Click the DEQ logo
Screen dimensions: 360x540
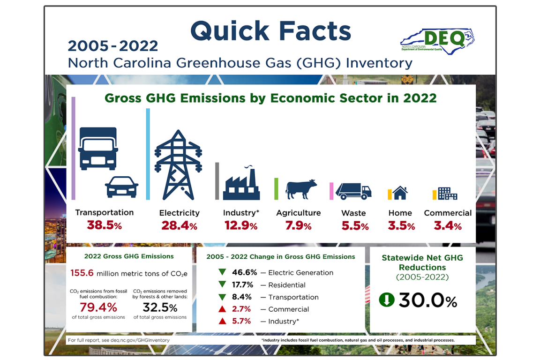437,40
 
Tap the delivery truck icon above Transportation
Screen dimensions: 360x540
97,149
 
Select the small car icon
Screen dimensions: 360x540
121,187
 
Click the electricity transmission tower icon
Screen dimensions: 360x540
178,165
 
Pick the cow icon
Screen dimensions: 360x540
301,189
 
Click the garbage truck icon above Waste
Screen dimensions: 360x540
353,191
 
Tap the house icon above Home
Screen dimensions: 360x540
400,192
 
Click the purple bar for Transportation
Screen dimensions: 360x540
73,149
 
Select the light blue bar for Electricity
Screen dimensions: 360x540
148,154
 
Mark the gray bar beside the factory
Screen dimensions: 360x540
217,181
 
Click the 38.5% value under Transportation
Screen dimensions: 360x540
104,225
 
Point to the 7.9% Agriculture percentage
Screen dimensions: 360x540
298,226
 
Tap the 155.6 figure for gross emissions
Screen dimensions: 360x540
82,273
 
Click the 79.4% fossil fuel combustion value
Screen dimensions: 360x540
98,307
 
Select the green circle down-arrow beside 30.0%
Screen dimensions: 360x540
387,300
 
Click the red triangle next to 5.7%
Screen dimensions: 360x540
222,321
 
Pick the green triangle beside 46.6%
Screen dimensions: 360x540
222,272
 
